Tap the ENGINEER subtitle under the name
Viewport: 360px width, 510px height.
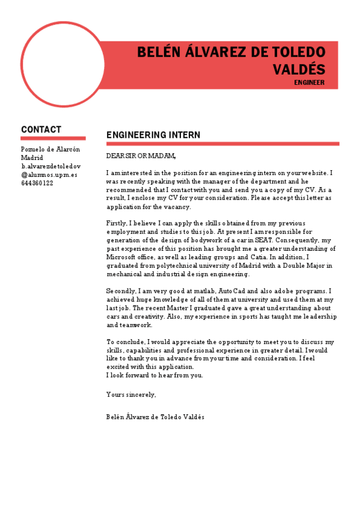coord(310,82)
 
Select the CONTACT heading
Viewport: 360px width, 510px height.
coord(41,129)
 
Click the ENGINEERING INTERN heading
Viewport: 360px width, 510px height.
coord(153,135)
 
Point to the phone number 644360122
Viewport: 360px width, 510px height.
coord(37,183)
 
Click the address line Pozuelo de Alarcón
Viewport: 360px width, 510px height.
coord(50,149)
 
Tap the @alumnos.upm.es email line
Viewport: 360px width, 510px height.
coord(49,175)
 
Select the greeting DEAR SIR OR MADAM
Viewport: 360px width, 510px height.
coord(141,156)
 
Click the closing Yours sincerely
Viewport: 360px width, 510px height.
coord(131,395)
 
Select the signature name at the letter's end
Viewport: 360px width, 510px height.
coord(155,416)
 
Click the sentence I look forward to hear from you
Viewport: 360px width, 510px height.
coord(154,375)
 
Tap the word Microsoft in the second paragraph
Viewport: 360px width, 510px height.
coord(123,257)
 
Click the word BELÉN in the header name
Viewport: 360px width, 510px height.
coord(159,52)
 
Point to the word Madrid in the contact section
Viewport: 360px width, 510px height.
coord(32,158)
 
